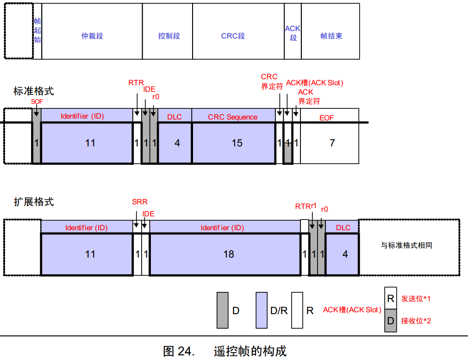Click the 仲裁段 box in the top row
coord(92,36)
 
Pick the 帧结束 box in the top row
coord(331,36)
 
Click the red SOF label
coord(37,101)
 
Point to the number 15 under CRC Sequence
coord(237,143)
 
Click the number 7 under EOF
coord(332,143)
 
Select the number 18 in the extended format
coord(229,254)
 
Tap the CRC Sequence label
coord(232,117)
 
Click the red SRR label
coord(139,202)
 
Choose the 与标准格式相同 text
coord(406,245)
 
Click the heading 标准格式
coord(34,91)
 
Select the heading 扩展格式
coord(34,202)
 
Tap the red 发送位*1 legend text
coord(416,299)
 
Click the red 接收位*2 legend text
coord(416,320)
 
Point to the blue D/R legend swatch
coord(262,310)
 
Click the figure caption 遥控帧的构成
coord(250,351)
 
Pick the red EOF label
coord(326,118)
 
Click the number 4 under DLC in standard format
coord(177,143)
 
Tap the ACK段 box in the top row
coord(293,33)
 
